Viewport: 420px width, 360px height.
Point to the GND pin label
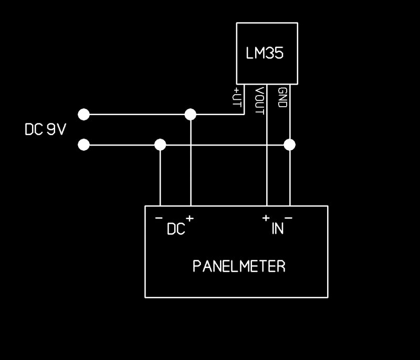tap(282, 97)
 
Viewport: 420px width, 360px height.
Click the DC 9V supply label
tap(46, 130)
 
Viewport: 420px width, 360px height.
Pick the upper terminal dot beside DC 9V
tap(83, 114)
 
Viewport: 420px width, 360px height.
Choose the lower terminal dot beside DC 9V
tap(83, 145)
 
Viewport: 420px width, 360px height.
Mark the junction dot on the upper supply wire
tap(191, 114)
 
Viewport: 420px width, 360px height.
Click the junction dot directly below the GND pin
tap(289, 144)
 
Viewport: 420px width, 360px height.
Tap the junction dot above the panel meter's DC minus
tap(160, 145)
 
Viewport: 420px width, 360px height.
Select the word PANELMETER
tap(239, 266)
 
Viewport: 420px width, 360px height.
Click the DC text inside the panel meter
tap(176, 230)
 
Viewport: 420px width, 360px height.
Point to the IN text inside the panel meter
tap(278, 229)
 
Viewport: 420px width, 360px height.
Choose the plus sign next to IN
tap(266, 218)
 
